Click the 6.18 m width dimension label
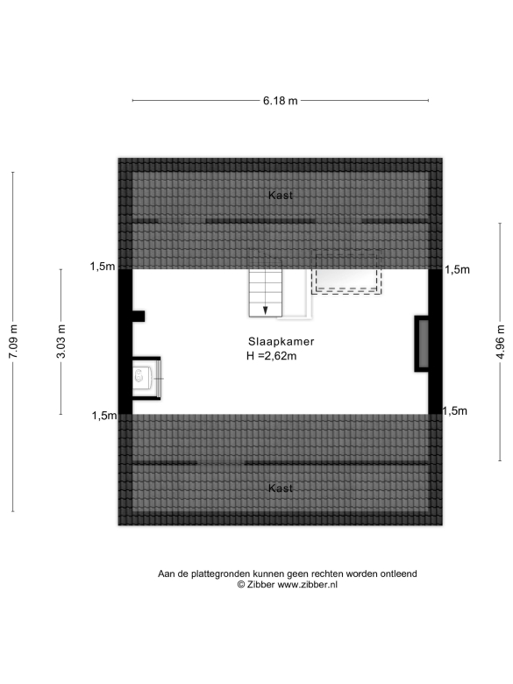[x=280, y=101]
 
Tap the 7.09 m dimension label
[x=13, y=342]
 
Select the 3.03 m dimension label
[x=61, y=342]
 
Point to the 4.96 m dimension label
[x=501, y=342]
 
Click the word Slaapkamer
[x=281, y=342]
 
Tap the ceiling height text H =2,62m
[x=271, y=356]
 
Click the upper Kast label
[x=281, y=195]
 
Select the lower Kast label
[x=281, y=488]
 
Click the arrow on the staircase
[x=265, y=310]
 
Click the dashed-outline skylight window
[x=346, y=273]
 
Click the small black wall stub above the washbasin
[x=139, y=317]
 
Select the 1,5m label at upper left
[x=103, y=266]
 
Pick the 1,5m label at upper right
[x=457, y=269]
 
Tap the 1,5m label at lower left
[x=104, y=416]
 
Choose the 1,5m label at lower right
[x=455, y=411]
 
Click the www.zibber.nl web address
[x=307, y=585]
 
